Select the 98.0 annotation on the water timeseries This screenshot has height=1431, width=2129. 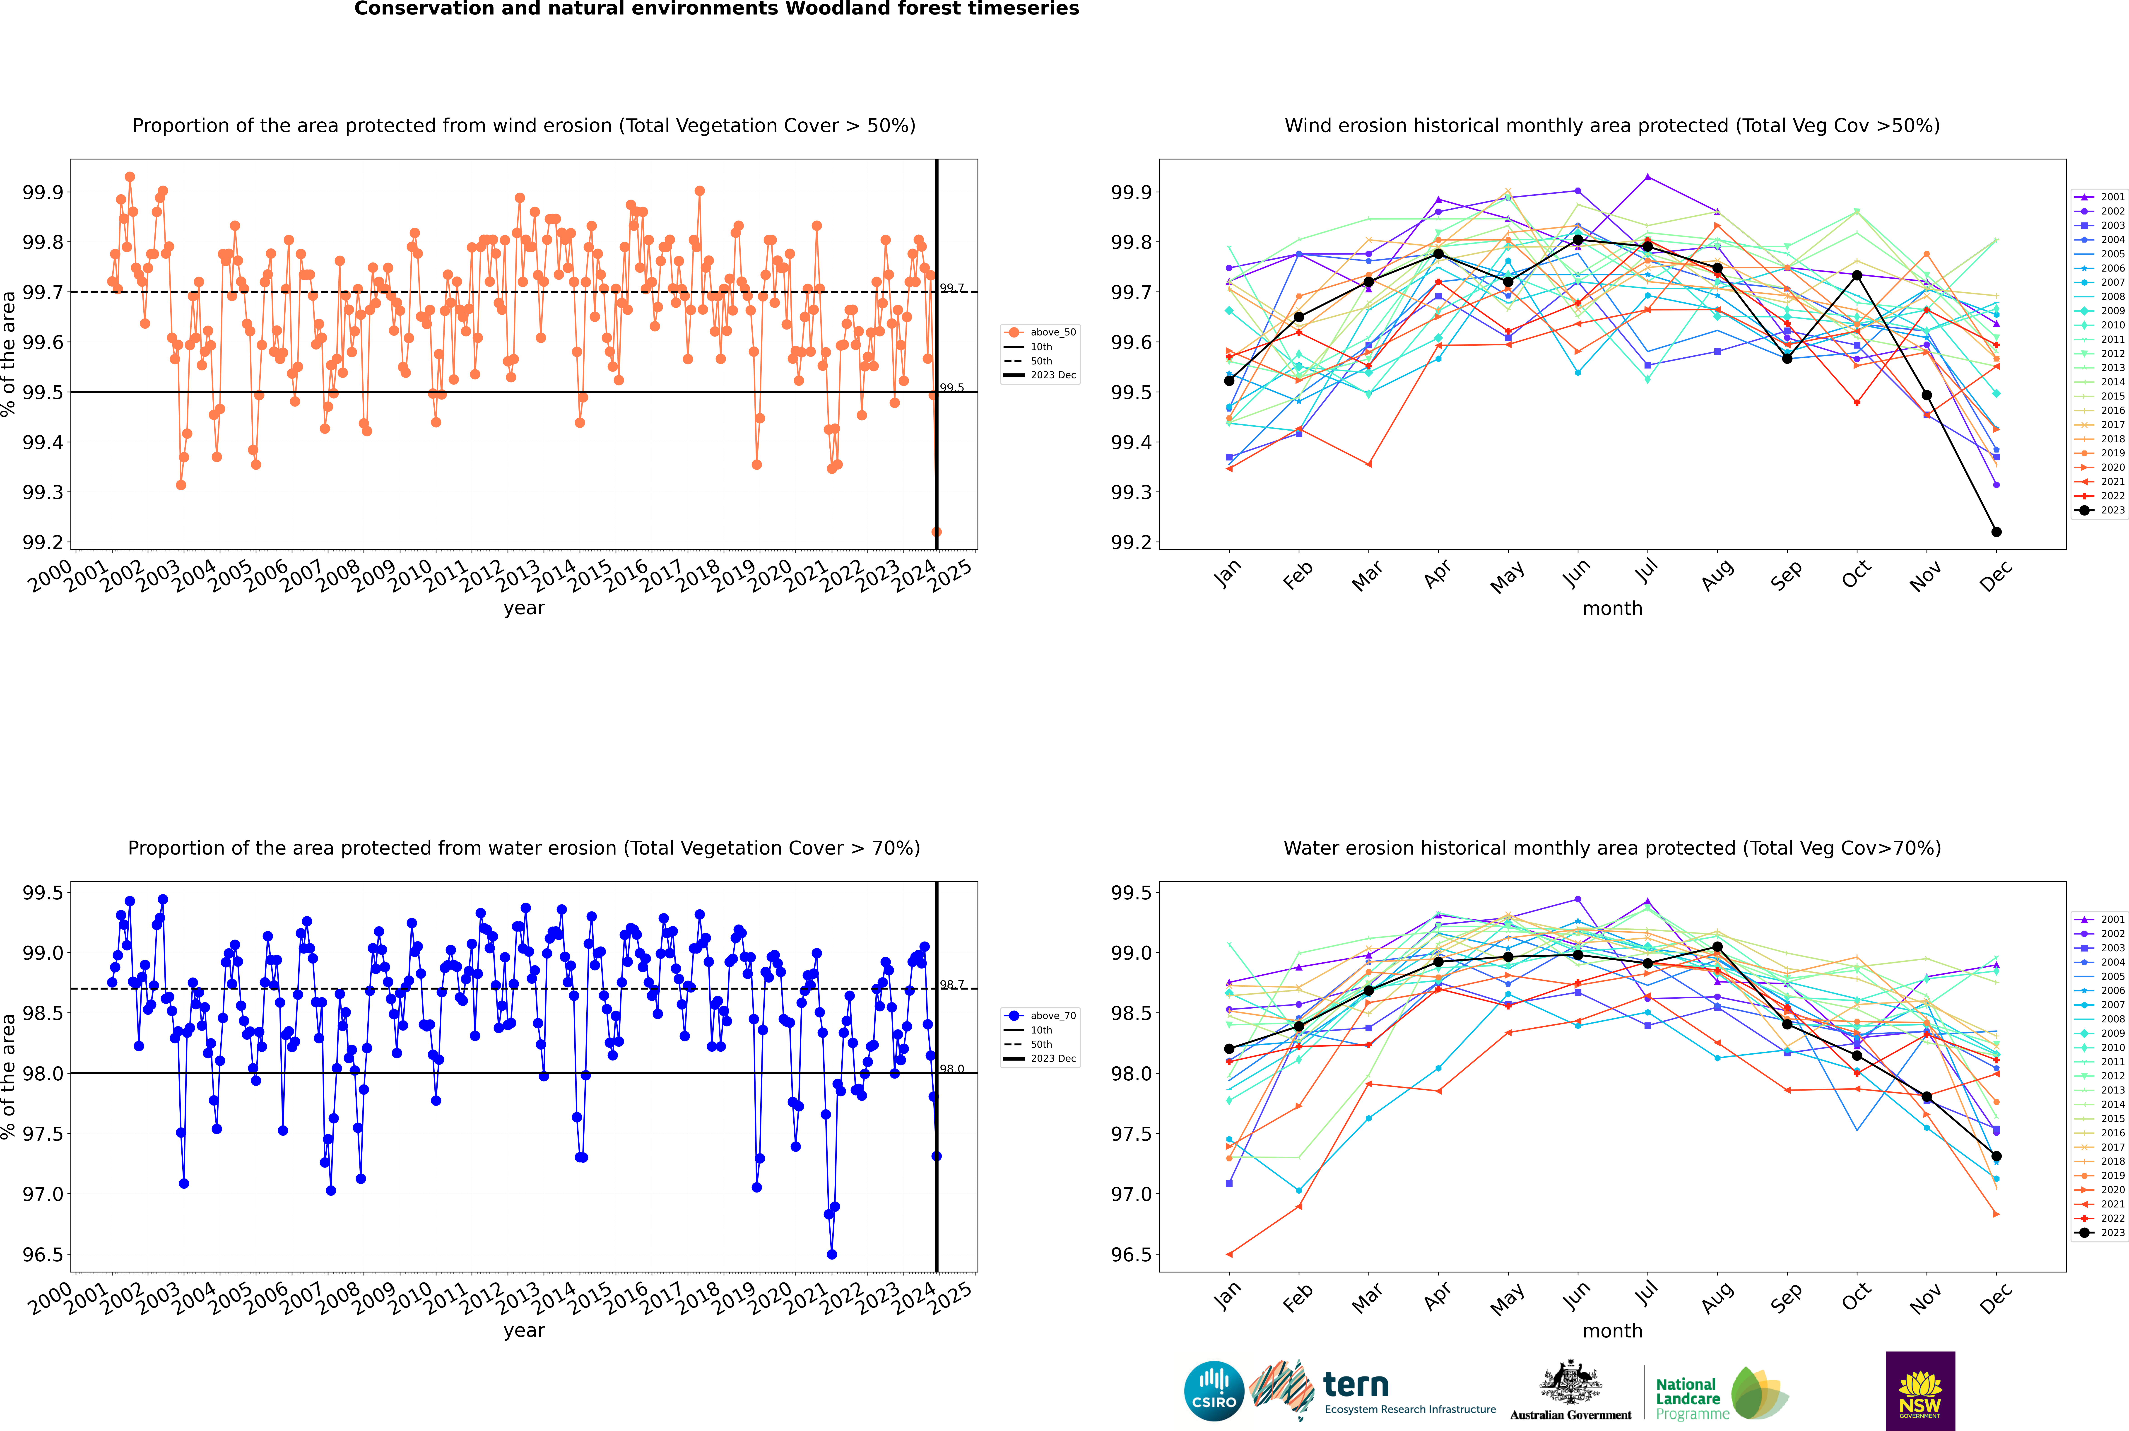tap(952, 1069)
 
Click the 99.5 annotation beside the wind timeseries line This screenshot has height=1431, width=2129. tap(952, 388)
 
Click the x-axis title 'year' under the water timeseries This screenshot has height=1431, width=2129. tap(524, 1331)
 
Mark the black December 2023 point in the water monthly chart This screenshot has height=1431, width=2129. tap(1996, 1156)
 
